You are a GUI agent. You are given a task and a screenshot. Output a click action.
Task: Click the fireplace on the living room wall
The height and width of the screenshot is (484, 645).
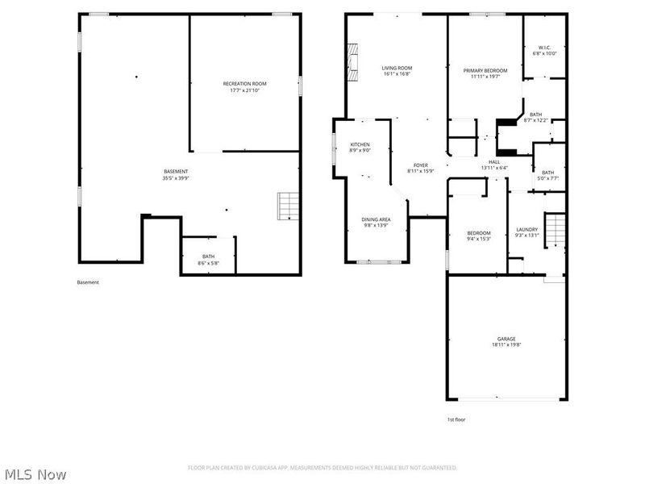click(x=351, y=59)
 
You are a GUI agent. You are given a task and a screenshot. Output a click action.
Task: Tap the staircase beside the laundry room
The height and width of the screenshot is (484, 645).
click(x=554, y=232)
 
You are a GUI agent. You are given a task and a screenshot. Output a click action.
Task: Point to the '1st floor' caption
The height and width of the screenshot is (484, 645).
click(x=456, y=419)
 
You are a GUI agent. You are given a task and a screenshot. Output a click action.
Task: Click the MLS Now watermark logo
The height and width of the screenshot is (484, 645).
click(x=35, y=474)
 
